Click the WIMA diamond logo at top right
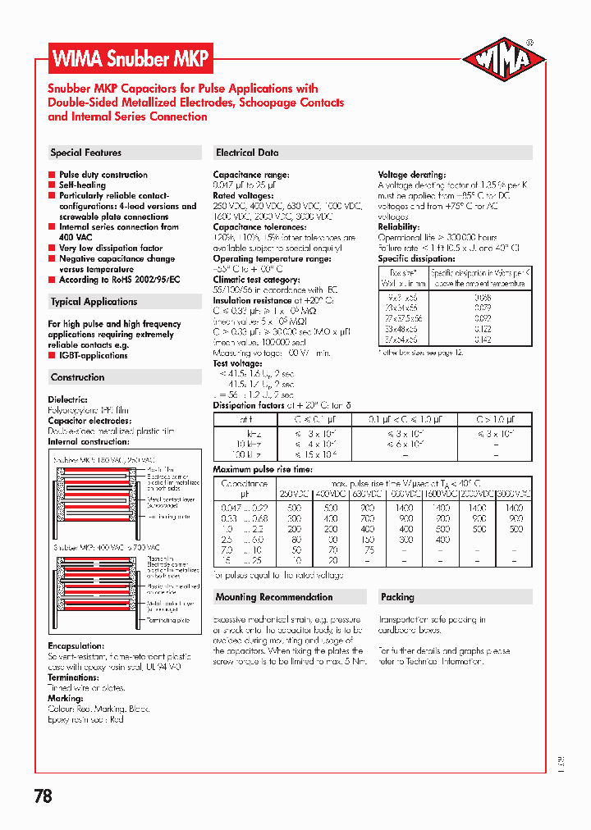(504, 61)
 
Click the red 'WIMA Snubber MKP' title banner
(131, 60)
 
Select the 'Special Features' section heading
(86, 153)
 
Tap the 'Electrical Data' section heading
(247, 153)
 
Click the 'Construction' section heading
(78, 377)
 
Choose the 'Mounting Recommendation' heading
(274, 597)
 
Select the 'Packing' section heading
(397, 597)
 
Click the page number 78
(44, 796)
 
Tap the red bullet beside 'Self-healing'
(52, 185)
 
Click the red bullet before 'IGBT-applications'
(52, 356)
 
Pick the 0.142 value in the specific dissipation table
(483, 340)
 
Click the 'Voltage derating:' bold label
(412, 175)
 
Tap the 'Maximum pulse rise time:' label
(263, 469)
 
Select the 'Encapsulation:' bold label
(76, 646)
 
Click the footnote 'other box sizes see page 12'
(422, 352)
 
